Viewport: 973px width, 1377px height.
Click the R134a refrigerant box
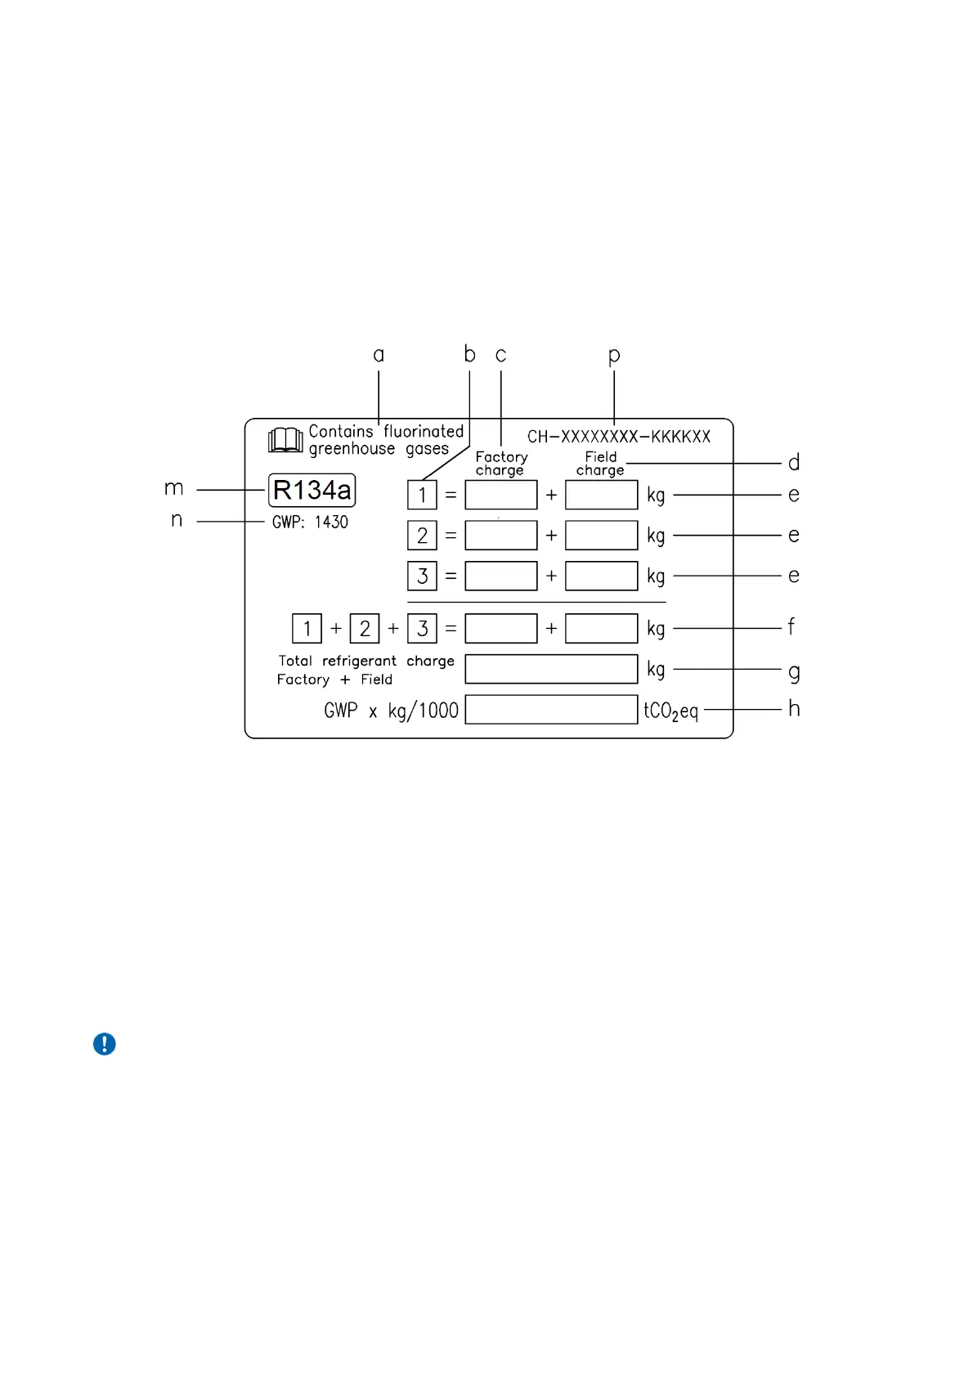pyautogui.click(x=312, y=490)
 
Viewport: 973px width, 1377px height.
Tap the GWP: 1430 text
pyautogui.click(x=310, y=522)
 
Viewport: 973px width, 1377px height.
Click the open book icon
pyautogui.click(x=285, y=440)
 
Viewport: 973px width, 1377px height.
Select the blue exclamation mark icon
pyautogui.click(x=105, y=1044)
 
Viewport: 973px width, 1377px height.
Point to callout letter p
pyautogui.click(x=614, y=356)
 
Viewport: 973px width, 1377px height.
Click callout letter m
pyautogui.click(x=174, y=489)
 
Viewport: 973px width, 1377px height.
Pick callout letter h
pyautogui.click(x=794, y=708)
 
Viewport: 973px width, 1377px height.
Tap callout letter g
pyautogui.click(x=794, y=672)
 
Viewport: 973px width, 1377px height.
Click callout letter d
pyautogui.click(x=794, y=463)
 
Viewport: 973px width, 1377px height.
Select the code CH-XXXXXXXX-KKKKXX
pyautogui.click(x=619, y=437)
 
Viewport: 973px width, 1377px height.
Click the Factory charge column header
pyautogui.click(x=501, y=464)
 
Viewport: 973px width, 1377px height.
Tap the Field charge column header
pyautogui.click(x=600, y=464)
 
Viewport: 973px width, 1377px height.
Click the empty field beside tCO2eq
pyautogui.click(x=551, y=710)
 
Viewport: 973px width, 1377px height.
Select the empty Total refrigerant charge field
pyautogui.click(x=551, y=669)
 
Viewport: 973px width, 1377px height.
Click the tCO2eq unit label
pyautogui.click(x=671, y=711)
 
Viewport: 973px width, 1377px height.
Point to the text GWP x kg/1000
pyautogui.click(x=391, y=711)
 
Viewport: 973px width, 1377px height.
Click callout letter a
pyautogui.click(x=379, y=355)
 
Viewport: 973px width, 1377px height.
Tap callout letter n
pyautogui.click(x=177, y=520)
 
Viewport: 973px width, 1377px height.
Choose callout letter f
pyautogui.click(x=791, y=627)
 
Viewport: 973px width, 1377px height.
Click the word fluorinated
pyautogui.click(x=424, y=431)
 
